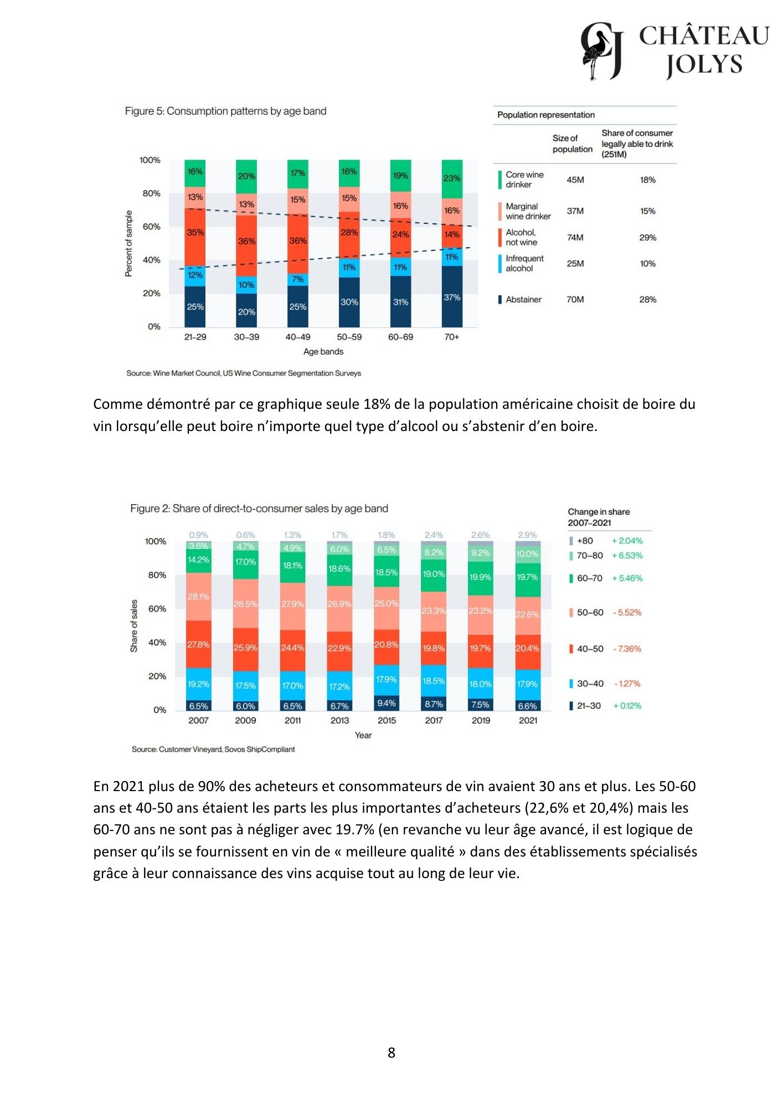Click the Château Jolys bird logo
tap(601, 51)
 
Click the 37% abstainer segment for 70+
tap(452, 297)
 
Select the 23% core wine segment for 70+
tap(452, 178)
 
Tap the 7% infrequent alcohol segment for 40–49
tap(298, 279)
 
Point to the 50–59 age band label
tap(349, 337)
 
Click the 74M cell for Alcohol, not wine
tap(575, 238)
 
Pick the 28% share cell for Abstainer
tap(647, 300)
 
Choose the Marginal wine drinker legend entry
tap(527, 211)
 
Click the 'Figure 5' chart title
tap(225, 111)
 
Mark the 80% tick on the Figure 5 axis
tap(151, 193)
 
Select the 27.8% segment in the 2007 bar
tap(198, 645)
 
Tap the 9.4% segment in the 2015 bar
tap(387, 703)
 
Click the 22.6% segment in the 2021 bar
tap(527, 614)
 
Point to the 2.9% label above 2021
tap(527, 535)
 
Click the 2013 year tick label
tap(339, 720)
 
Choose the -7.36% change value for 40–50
tap(627, 649)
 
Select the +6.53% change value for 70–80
tap(627, 556)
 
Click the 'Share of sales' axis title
tap(134, 625)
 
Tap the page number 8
tap(391, 1053)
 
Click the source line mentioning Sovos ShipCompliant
tap(213, 750)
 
